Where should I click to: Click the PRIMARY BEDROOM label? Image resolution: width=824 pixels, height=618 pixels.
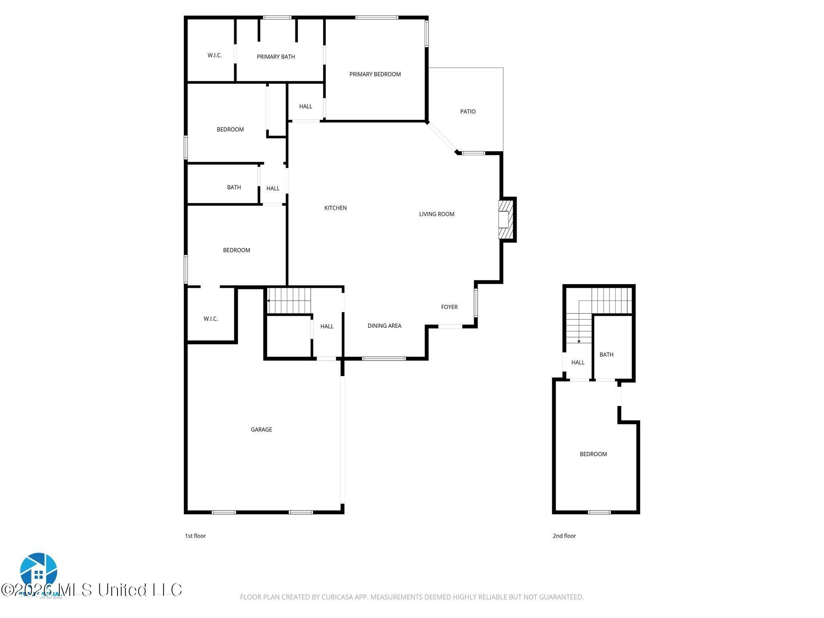pyautogui.click(x=375, y=74)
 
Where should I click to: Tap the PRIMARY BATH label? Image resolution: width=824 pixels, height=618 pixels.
pyautogui.click(x=276, y=57)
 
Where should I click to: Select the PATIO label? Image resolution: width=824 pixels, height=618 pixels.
pyautogui.click(x=468, y=111)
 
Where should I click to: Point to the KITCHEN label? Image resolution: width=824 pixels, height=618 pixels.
pyautogui.click(x=336, y=208)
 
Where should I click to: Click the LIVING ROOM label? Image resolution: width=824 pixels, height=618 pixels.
pyautogui.click(x=437, y=214)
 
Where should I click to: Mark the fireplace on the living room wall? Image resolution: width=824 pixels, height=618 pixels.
pyautogui.click(x=505, y=220)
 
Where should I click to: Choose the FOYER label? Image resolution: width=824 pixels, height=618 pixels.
pyautogui.click(x=449, y=307)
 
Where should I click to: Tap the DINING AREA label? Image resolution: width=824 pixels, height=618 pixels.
pyautogui.click(x=384, y=326)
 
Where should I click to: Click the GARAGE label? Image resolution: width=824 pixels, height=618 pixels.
pyautogui.click(x=262, y=430)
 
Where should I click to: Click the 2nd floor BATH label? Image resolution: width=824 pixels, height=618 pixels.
pyautogui.click(x=606, y=354)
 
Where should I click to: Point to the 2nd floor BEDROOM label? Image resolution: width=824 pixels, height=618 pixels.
pyautogui.click(x=593, y=454)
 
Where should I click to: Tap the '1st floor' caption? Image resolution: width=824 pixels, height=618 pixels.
pyautogui.click(x=195, y=536)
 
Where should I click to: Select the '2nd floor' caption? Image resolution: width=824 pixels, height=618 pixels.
pyautogui.click(x=564, y=536)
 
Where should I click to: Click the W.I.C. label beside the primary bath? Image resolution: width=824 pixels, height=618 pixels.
pyautogui.click(x=214, y=56)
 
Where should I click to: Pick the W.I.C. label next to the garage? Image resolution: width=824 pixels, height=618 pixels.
pyautogui.click(x=210, y=319)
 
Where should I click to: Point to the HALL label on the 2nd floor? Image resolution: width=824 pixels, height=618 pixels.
pyautogui.click(x=578, y=363)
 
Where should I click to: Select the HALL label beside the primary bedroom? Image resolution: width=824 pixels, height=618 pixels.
pyautogui.click(x=305, y=107)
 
